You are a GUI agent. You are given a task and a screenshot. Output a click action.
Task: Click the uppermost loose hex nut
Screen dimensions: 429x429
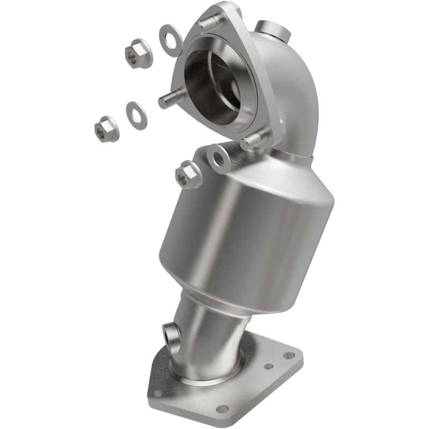138,53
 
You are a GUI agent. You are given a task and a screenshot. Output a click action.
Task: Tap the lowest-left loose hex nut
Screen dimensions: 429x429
106,129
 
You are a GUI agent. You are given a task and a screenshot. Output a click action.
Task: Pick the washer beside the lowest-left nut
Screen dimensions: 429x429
137,115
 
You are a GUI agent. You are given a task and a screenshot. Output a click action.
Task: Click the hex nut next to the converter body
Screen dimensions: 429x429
188,175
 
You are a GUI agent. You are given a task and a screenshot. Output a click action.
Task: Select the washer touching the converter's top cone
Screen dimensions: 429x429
219,157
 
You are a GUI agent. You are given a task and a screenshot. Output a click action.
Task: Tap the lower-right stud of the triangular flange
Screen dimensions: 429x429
256,141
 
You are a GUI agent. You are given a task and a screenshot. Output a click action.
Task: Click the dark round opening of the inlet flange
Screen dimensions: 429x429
212,86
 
